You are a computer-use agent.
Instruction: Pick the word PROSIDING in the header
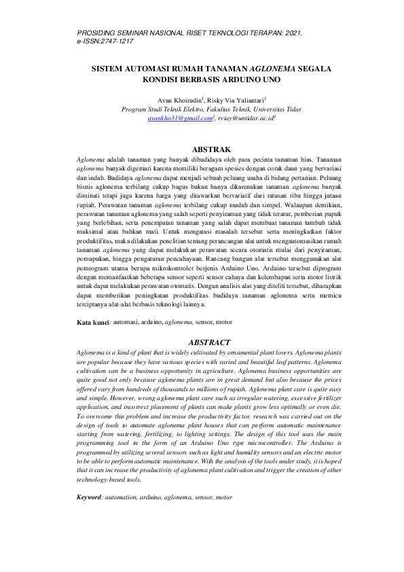(x=102, y=33)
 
